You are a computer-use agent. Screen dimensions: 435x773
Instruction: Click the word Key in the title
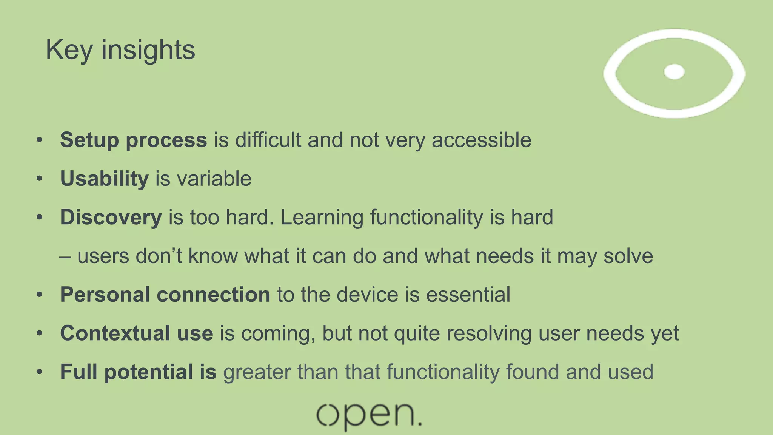[x=69, y=50]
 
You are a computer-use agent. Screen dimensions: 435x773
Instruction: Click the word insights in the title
[x=148, y=50]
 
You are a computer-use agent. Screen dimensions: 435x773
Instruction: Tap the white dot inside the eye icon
[x=674, y=72]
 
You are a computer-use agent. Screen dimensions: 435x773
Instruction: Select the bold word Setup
[x=89, y=140]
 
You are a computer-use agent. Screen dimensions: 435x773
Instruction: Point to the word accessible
[x=481, y=140]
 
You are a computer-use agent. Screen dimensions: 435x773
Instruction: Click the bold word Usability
[x=104, y=179]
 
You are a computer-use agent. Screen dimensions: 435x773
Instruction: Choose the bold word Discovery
[x=111, y=217]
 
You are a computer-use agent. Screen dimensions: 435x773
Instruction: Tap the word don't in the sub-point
[x=159, y=256]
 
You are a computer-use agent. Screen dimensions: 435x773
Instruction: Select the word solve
[x=628, y=256]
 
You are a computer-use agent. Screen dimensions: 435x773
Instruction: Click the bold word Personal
[x=105, y=295]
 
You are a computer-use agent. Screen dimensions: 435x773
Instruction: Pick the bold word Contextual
[x=115, y=333]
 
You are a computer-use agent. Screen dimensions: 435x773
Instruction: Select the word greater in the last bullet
[x=257, y=372]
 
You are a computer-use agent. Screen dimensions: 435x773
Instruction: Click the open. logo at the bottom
[x=369, y=416]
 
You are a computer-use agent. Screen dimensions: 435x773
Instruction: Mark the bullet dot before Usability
[x=40, y=179]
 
